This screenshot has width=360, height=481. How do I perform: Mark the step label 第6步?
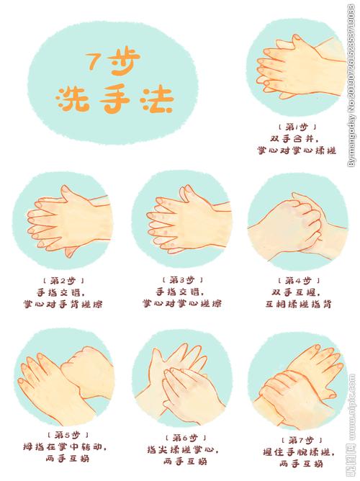tap(180, 437)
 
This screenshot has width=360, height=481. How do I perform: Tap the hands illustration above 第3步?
tap(180, 220)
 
